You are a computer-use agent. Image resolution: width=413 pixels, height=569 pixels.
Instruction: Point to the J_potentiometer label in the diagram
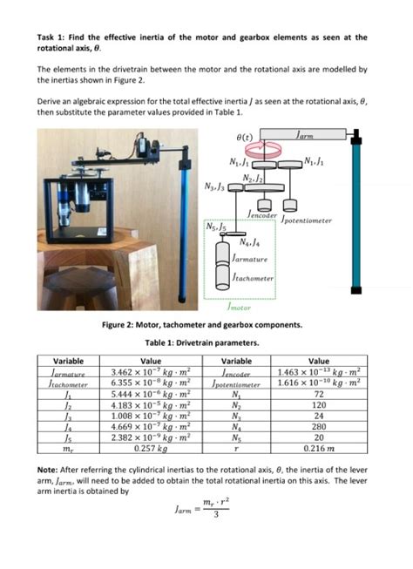(x=307, y=220)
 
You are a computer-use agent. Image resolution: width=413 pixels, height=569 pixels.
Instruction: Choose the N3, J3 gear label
(x=213, y=186)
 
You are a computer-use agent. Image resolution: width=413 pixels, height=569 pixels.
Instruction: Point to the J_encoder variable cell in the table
(x=231, y=372)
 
